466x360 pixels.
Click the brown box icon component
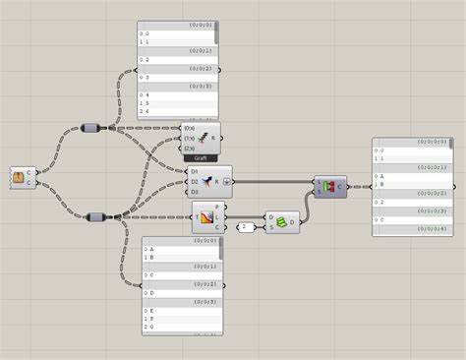coord(19,178)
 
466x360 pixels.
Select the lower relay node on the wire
coord(96,216)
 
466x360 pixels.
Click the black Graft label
coord(200,157)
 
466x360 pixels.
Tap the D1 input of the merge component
coord(195,172)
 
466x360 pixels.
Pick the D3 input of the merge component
coord(195,191)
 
